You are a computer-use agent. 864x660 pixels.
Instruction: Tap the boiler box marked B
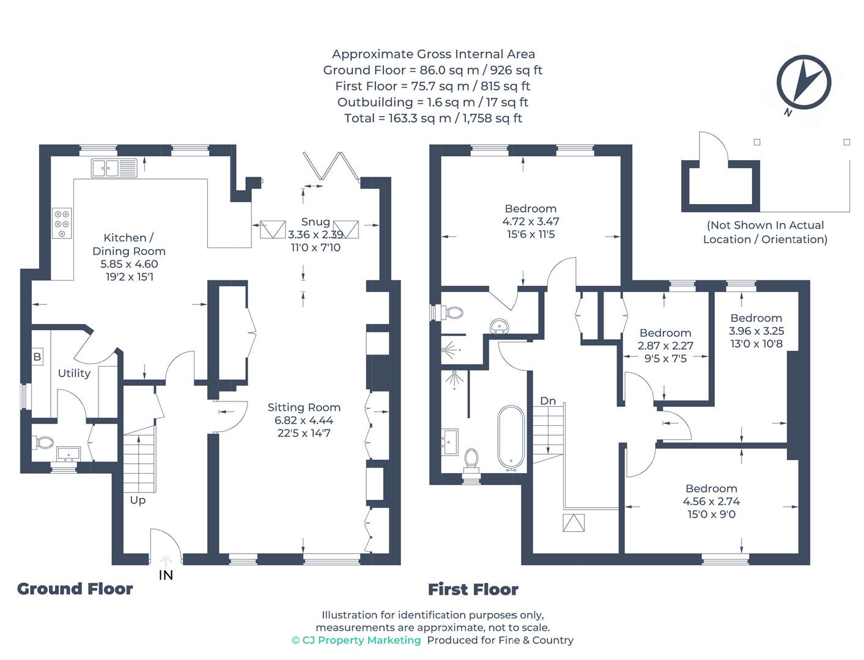pos(37,357)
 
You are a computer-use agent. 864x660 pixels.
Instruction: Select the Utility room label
pos(74,373)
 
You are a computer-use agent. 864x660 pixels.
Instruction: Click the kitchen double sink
pos(114,168)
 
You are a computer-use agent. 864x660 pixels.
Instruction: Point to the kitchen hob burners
pos(62,223)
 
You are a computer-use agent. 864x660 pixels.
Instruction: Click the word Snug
pos(316,222)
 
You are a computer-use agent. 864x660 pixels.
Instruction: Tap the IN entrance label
pos(166,576)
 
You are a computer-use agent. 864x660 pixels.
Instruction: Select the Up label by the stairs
pos(138,501)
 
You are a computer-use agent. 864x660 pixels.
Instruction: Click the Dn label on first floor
pos(547,401)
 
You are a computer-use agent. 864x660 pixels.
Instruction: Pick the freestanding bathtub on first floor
pos(511,438)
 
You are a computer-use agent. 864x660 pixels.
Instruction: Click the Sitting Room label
pos(304,407)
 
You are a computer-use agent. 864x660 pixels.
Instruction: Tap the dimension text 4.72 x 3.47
pos(531,221)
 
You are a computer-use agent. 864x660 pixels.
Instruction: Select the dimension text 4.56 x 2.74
pos(711,502)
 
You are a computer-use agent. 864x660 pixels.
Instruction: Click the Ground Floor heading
pos(75,589)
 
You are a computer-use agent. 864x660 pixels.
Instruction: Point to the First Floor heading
pos(473,590)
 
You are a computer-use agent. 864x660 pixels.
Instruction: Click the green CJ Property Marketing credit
pos(356,640)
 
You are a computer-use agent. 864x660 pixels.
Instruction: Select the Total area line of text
pos(433,118)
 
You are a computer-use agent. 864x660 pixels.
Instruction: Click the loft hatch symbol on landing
pos(574,522)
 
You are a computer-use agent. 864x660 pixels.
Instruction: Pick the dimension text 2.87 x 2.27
pos(665,346)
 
